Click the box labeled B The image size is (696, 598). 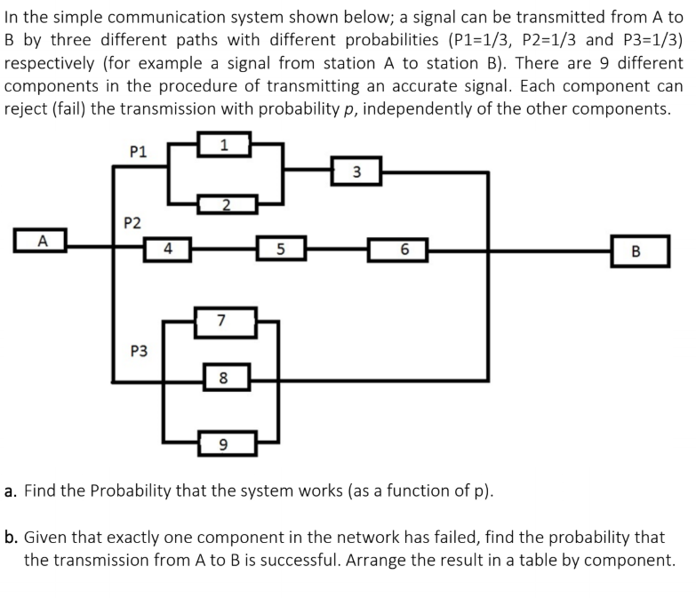click(x=635, y=250)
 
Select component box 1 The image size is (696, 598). click(x=225, y=144)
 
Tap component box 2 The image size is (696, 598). click(x=226, y=206)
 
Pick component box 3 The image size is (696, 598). click(x=356, y=171)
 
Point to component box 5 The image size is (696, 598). click(x=280, y=250)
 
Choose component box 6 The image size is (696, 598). click(x=404, y=251)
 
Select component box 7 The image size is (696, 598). click(x=225, y=319)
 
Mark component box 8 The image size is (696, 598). click(x=225, y=377)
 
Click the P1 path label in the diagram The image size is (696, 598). click(x=138, y=152)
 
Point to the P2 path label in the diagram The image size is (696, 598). click(x=131, y=221)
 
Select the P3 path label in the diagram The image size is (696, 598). click(x=139, y=351)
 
